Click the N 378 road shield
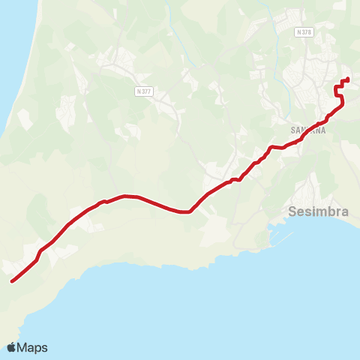tap(304, 32)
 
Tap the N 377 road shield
tap(145, 91)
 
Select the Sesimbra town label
tap(319, 211)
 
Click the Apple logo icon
tap(11, 347)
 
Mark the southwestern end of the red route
tap(12, 282)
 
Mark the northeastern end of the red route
tap(348, 79)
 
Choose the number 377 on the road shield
tap(147, 91)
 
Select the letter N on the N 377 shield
tap(139, 91)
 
